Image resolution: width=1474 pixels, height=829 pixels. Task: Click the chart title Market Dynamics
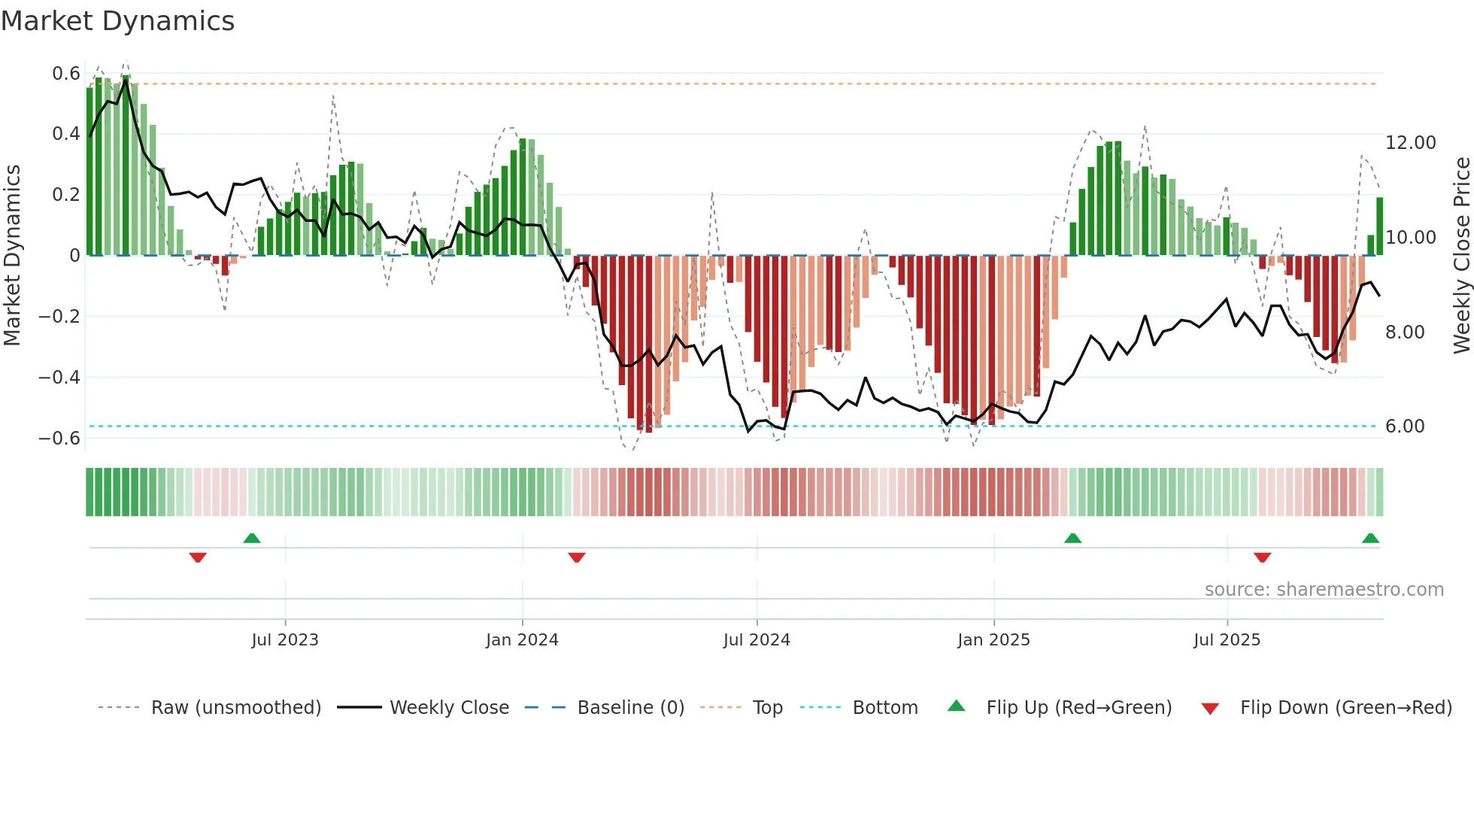point(117,21)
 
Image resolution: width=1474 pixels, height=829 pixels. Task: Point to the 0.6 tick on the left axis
point(66,74)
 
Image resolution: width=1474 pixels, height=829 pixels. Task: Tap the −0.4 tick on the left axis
point(59,377)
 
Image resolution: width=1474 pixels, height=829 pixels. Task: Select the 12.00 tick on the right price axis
point(1410,143)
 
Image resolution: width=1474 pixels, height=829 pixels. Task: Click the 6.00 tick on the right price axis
point(1404,427)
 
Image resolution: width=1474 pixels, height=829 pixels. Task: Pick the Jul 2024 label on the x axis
point(757,640)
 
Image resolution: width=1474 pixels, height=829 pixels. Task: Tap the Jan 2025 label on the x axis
point(993,640)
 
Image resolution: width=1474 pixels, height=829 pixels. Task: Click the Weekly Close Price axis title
point(1461,255)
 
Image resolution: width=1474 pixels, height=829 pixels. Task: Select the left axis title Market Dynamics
point(12,255)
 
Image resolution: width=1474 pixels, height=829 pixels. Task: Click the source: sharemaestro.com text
point(1324,590)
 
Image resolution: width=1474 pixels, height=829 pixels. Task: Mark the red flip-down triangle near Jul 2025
point(1262,557)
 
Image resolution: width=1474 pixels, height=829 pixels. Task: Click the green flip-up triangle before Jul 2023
point(252,538)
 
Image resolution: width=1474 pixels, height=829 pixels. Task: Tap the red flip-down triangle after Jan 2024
point(577,557)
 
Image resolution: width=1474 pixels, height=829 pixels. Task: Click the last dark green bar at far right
point(1379,226)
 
